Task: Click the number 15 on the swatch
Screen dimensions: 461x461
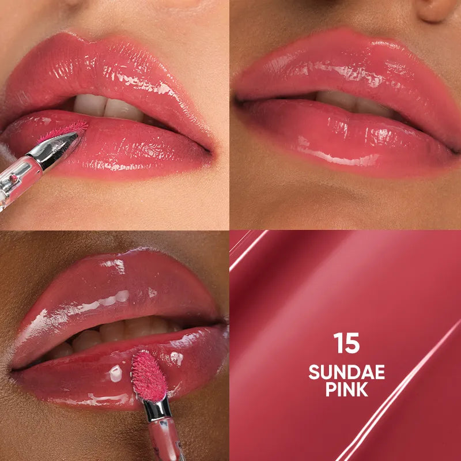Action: pyautogui.click(x=346, y=343)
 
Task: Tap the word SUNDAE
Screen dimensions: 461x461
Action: pyautogui.click(x=346, y=372)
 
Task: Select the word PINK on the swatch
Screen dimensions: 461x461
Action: pyautogui.click(x=346, y=390)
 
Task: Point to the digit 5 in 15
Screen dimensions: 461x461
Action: pyautogui.click(x=353, y=343)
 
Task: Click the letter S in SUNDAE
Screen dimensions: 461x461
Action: pyautogui.click(x=315, y=372)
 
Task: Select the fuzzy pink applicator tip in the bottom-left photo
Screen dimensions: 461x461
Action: pyautogui.click(x=149, y=375)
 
